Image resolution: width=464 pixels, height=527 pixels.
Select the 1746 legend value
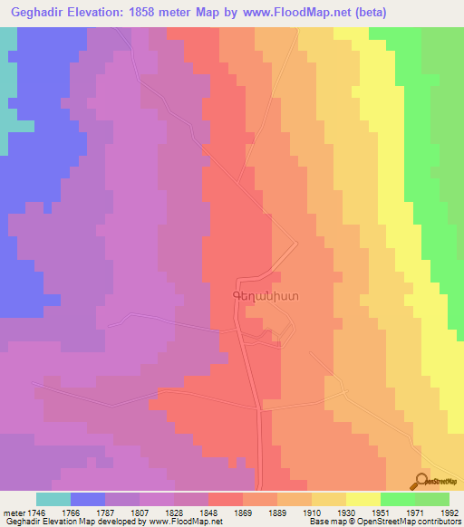tap(38, 512)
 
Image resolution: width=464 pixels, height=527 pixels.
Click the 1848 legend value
tap(210, 512)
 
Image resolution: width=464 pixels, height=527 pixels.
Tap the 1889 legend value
tap(279, 512)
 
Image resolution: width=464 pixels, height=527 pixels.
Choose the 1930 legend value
tap(348, 512)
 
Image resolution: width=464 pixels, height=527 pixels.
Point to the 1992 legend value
tap(449, 512)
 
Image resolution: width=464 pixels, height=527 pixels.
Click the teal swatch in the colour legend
tap(53, 499)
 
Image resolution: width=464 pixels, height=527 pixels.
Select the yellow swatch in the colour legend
tap(363, 499)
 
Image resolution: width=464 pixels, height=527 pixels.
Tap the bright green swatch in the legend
tap(398, 499)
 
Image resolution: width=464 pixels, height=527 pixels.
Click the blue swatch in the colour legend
tap(88, 499)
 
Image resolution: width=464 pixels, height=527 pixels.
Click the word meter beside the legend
tap(14, 512)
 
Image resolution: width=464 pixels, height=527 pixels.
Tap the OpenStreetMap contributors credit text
tap(393, 522)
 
